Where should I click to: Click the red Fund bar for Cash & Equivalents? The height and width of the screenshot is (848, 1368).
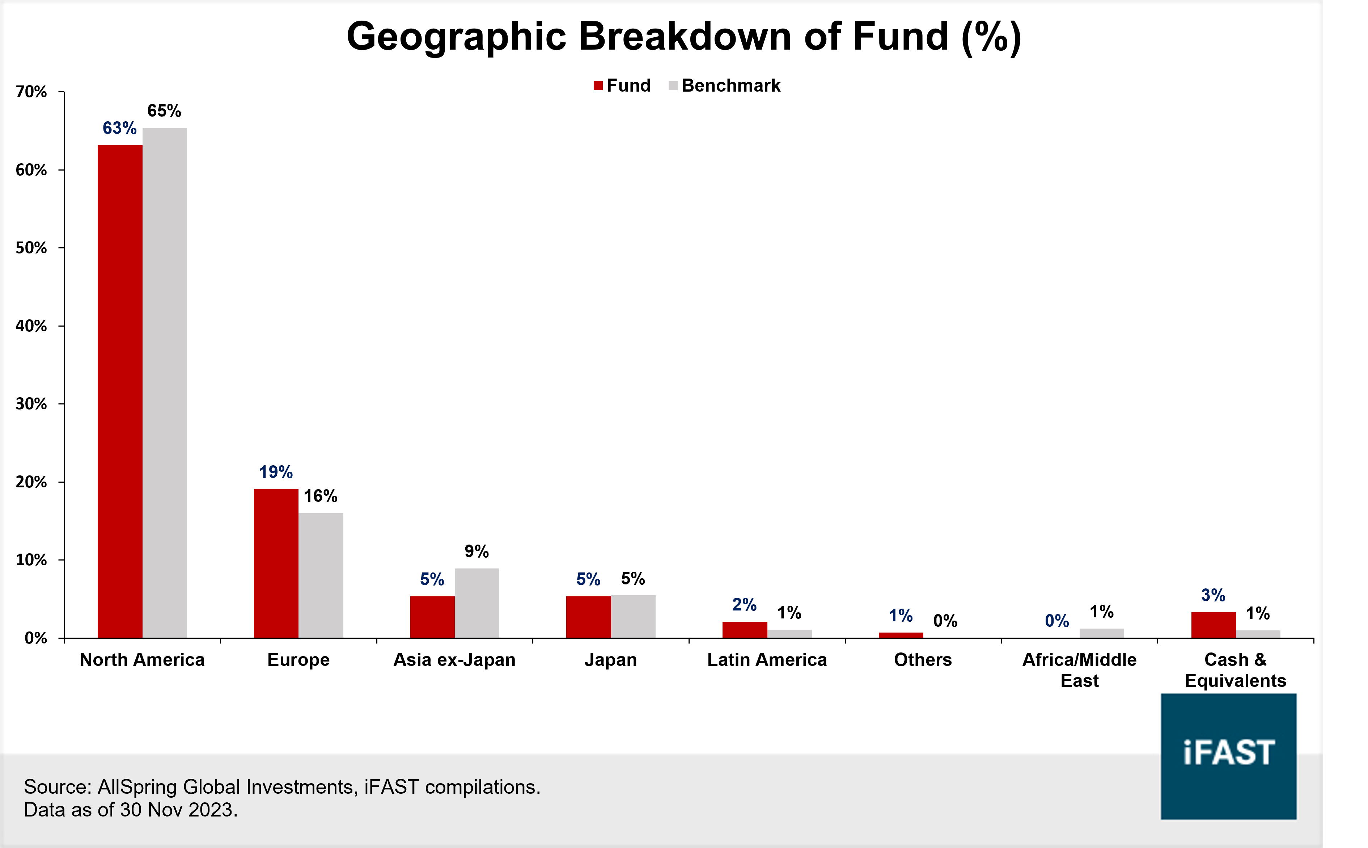pos(1213,625)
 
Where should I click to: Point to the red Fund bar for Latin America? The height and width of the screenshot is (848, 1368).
pos(744,629)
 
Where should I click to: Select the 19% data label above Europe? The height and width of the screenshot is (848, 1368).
pos(276,472)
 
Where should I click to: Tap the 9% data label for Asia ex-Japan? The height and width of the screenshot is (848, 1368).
pos(477,551)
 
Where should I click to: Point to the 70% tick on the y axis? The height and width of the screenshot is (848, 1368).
pos(31,92)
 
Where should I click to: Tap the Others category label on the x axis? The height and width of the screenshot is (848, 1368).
pos(923,660)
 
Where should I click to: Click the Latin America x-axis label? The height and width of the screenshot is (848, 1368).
pos(767,660)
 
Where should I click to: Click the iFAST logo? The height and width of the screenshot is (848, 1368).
pos(1228,756)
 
